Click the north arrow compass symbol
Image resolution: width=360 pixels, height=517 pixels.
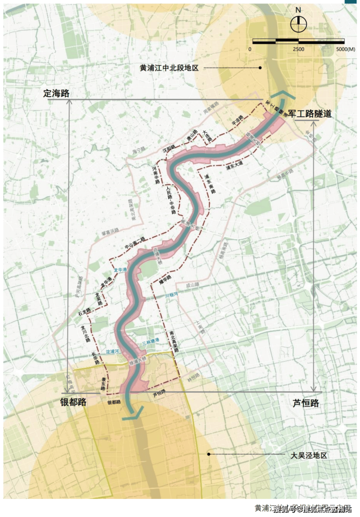click(298, 24)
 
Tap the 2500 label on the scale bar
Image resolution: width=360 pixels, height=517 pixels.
click(298, 50)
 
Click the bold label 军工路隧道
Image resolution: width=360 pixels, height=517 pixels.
click(310, 114)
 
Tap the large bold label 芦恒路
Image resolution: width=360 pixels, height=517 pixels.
click(306, 403)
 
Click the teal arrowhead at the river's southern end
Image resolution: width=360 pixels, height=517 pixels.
click(131, 414)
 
